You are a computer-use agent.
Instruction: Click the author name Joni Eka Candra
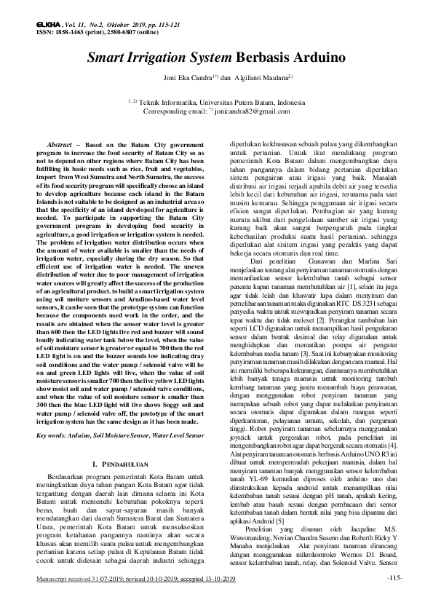pos(186,76)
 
